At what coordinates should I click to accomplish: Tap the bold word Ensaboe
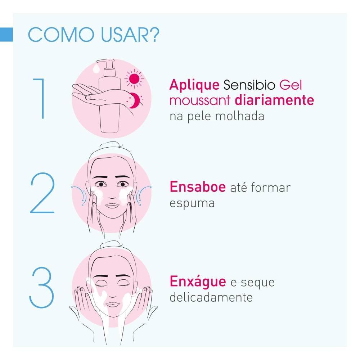point(197,187)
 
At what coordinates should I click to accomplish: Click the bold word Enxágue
point(197,282)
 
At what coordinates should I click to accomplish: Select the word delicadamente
point(211,298)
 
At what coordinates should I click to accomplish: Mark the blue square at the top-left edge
point(6,33)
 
